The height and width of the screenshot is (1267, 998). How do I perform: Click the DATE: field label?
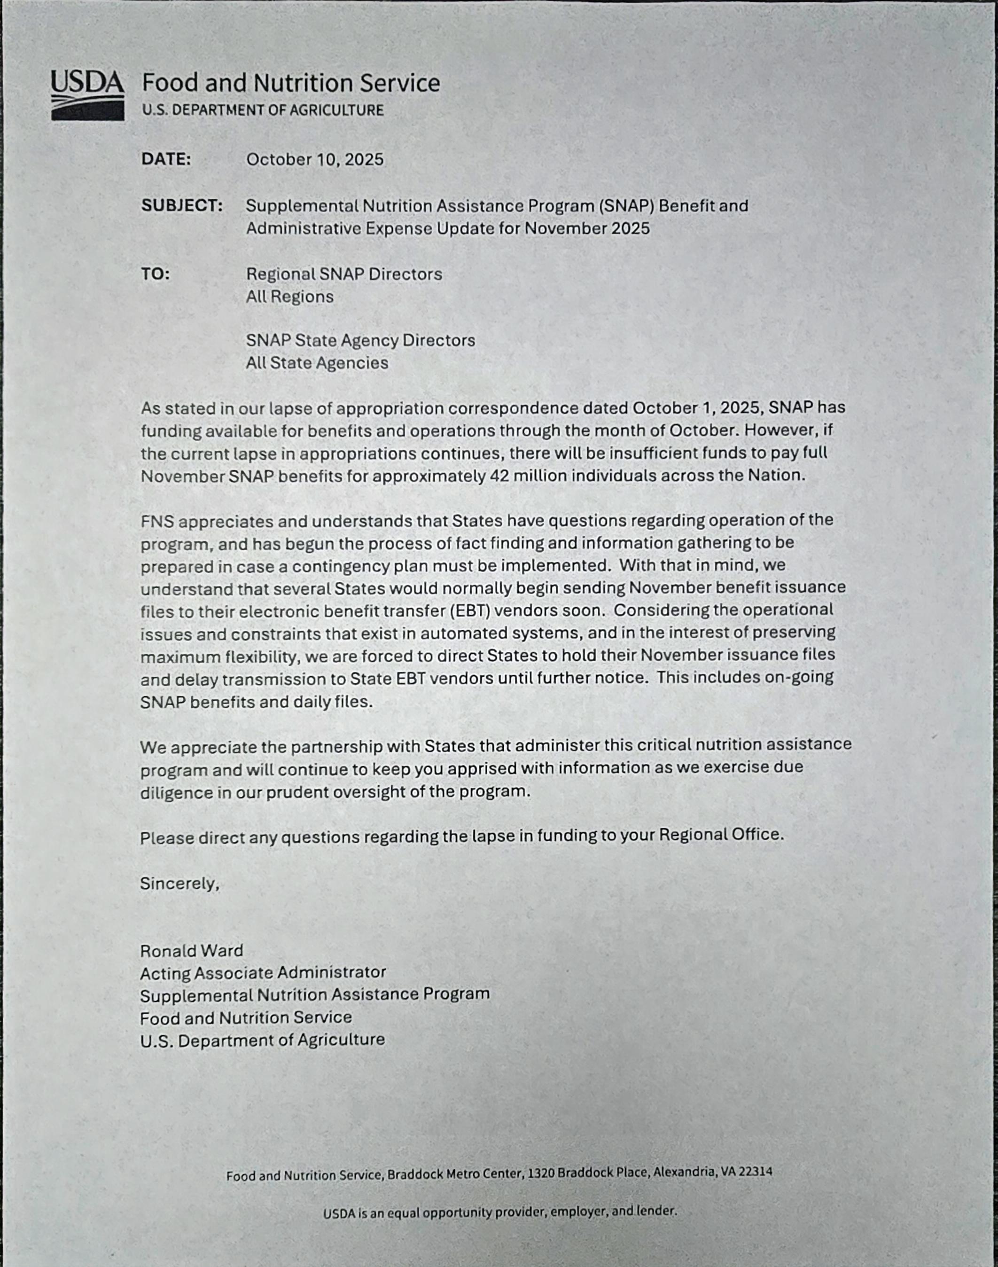(166, 159)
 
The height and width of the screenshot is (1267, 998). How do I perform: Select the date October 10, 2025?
(314, 159)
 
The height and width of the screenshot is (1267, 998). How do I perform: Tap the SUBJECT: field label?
(182, 206)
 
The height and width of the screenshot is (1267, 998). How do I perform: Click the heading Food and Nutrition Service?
(290, 83)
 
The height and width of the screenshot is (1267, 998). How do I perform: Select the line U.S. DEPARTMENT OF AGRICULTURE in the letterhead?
(262, 110)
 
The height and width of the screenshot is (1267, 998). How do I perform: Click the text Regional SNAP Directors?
(343, 274)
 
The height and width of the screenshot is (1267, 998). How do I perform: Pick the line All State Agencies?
(317, 363)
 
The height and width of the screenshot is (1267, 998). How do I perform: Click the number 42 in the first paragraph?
(499, 476)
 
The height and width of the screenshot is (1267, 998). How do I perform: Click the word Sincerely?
(178, 883)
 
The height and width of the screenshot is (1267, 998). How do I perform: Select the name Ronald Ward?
(191, 951)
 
